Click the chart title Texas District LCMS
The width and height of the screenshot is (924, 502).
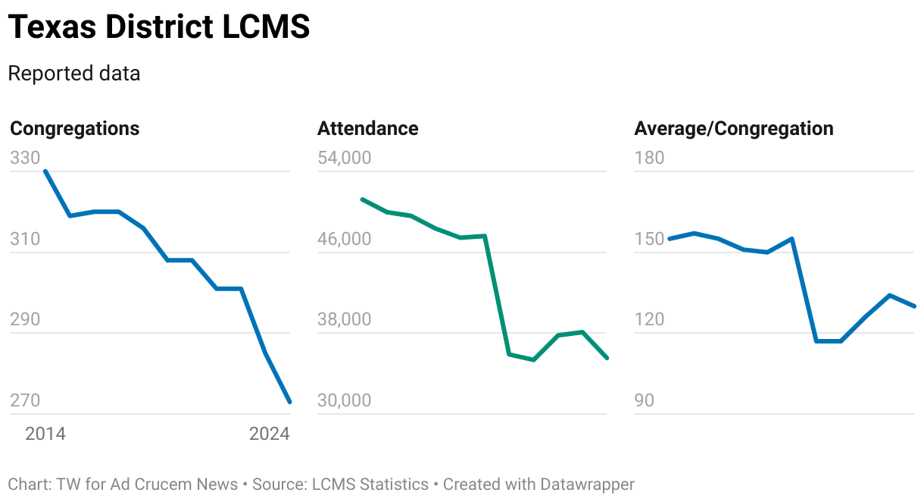159,27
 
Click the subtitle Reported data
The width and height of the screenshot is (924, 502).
74,74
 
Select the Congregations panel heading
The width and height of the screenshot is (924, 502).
75,128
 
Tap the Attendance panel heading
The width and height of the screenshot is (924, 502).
367,128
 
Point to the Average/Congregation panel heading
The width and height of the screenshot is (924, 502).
733,128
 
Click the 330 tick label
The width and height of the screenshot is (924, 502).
25,158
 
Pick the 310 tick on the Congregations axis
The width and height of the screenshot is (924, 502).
25,239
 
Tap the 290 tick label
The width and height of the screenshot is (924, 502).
25,319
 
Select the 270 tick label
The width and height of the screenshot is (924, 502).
25,400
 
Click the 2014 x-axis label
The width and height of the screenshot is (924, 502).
45,434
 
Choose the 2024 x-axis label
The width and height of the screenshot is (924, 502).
270,434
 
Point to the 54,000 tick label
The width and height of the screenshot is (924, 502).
345,158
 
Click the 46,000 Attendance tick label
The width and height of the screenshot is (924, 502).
345,239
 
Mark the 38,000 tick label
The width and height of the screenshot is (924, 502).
345,319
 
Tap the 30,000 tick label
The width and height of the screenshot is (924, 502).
345,400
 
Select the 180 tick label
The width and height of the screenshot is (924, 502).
649,158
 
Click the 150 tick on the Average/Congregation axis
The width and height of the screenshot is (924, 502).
649,239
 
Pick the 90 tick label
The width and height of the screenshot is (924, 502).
644,400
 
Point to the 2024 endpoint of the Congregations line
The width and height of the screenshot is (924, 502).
289,402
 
